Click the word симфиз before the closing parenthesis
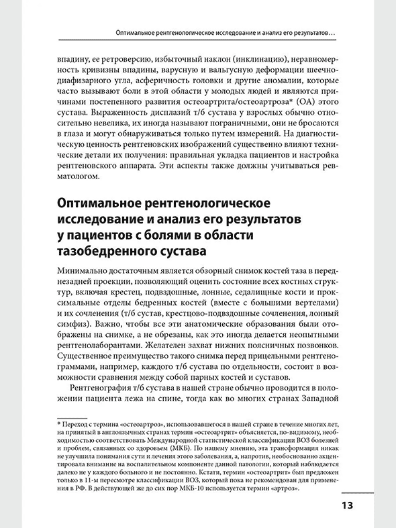[76, 334]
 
